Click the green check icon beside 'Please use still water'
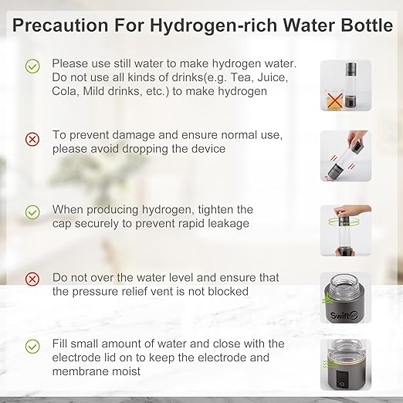(x=32, y=67)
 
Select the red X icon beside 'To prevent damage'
(x=32, y=140)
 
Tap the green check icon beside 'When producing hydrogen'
(x=32, y=211)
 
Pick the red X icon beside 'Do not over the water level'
(x=32, y=279)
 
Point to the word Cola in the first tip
(x=67, y=91)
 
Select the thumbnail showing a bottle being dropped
(x=345, y=155)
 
